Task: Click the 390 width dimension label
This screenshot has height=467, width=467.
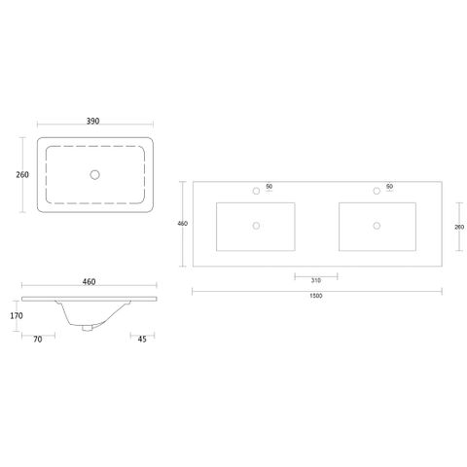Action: point(92,121)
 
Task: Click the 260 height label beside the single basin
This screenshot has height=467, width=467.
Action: point(22,174)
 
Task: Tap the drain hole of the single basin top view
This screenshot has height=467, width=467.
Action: point(94,175)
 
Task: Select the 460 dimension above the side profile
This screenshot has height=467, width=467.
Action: point(89,281)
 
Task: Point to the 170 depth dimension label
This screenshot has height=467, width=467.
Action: point(17,315)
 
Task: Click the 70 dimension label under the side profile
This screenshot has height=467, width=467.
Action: point(38,339)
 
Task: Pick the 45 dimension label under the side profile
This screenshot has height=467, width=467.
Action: point(142,339)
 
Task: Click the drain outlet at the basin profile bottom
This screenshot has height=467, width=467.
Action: point(88,328)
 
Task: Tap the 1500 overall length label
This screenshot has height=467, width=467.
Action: point(316,296)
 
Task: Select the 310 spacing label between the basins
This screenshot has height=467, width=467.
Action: point(316,280)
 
